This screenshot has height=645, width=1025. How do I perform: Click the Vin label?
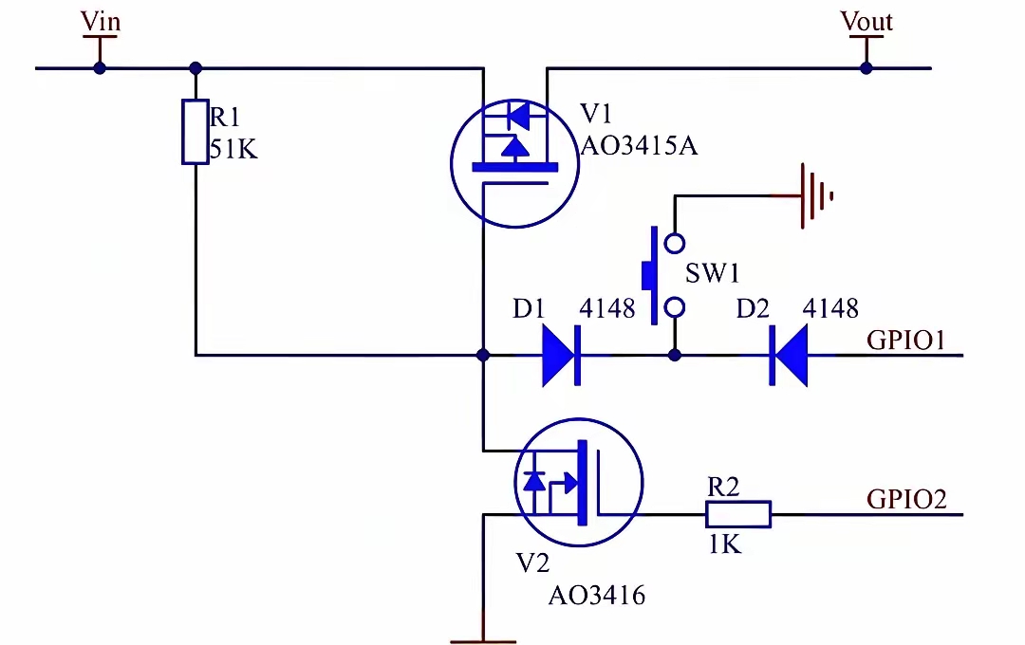point(101,22)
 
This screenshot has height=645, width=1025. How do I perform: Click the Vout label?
point(867,22)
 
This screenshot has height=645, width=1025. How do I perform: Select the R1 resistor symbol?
point(196,131)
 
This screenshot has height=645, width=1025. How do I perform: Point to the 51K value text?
point(233,150)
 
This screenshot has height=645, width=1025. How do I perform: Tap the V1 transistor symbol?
point(515,163)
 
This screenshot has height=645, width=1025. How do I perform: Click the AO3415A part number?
point(640,146)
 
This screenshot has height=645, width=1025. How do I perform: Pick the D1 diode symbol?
point(561,356)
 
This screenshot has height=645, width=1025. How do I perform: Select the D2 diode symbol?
point(789,356)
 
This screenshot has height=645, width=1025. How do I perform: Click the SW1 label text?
point(712,273)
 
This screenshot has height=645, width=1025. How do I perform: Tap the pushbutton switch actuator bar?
point(652,275)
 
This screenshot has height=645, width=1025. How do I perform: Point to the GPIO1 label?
point(906,341)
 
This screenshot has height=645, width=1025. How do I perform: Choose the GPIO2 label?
point(906,499)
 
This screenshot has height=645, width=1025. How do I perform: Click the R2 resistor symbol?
point(738,514)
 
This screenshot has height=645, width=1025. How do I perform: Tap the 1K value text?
point(725,544)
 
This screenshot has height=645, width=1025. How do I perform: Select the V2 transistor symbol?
point(579,482)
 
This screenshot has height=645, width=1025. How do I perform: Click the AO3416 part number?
point(597,596)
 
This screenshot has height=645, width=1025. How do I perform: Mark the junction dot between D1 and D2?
point(675,356)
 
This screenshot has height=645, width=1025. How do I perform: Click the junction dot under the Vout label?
point(867,68)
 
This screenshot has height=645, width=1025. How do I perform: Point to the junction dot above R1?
point(196,68)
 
